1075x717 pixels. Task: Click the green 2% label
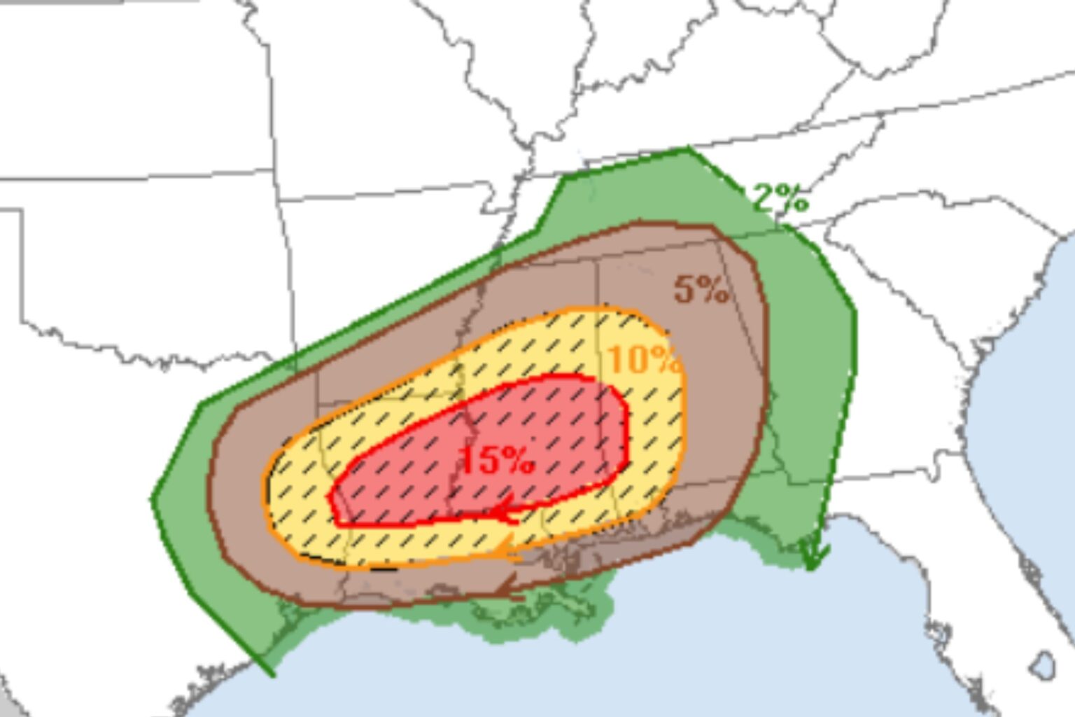tap(780, 199)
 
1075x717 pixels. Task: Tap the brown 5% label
tap(701, 288)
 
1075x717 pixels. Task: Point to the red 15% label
tap(497, 461)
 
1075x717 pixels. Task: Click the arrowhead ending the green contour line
tap(813, 557)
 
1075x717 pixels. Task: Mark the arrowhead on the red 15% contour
tap(505, 512)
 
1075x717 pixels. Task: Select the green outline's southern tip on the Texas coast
tap(272, 674)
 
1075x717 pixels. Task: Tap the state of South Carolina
tap(931, 259)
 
